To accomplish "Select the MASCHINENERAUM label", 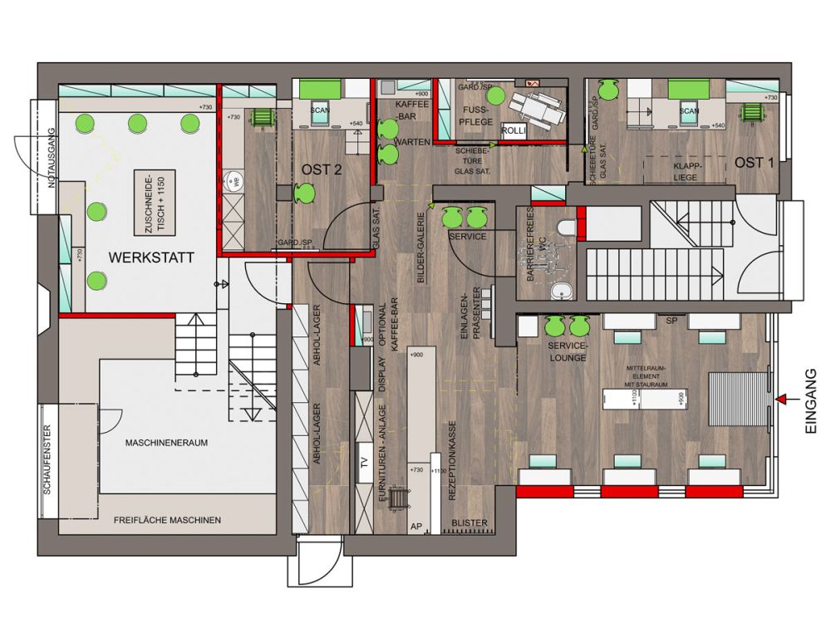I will point(167,443).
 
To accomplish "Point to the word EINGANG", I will point(812,402).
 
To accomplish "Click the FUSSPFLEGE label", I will point(480,117).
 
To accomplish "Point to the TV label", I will point(362,463).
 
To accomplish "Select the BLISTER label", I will point(470,522).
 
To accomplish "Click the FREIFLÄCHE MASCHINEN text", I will point(167,521).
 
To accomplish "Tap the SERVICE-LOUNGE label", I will point(568,352).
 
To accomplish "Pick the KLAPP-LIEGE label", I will point(687,170).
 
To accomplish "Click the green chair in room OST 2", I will point(303,194).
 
